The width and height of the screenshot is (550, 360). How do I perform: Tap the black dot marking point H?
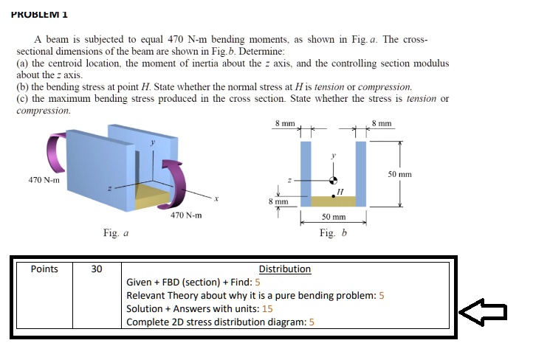click(333, 196)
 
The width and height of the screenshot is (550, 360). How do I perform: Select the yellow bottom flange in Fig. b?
click(333, 201)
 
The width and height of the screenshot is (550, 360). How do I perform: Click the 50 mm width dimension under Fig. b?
click(334, 218)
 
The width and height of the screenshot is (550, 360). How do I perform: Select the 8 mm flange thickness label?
click(278, 201)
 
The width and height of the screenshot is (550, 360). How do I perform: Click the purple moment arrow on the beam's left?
click(55, 153)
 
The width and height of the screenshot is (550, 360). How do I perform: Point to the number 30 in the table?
click(97, 269)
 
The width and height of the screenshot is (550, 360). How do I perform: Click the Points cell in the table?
click(44, 269)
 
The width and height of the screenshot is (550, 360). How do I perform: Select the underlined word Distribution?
click(285, 269)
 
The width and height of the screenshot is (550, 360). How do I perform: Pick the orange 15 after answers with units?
click(267, 309)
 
